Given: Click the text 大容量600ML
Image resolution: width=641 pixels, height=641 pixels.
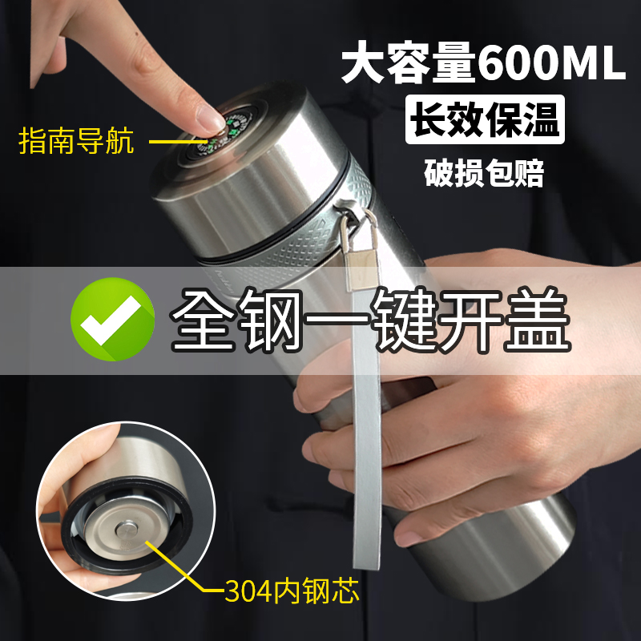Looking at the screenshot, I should (483, 66).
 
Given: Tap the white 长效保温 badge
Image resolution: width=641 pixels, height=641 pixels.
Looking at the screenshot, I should (485, 120).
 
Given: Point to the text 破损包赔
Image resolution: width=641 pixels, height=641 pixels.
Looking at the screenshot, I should (484, 173).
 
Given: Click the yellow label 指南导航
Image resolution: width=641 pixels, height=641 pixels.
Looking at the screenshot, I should (76, 143).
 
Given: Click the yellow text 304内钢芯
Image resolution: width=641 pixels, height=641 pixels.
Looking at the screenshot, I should (292, 591).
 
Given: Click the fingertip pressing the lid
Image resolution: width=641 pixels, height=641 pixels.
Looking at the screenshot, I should (210, 120).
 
